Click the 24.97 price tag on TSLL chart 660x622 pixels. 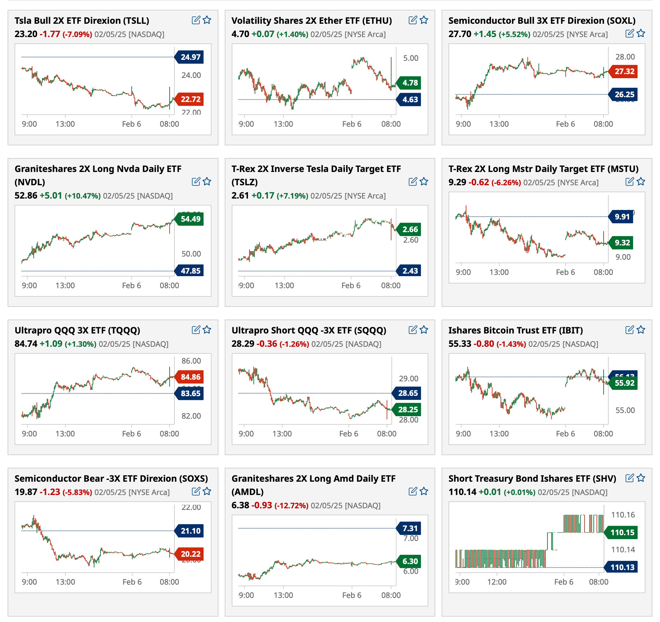pyautogui.click(x=190, y=57)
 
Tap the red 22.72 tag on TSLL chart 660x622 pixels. pyautogui.click(x=190, y=99)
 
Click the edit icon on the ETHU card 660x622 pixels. pyautogui.click(x=413, y=20)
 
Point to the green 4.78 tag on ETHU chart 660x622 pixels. pyautogui.click(x=410, y=83)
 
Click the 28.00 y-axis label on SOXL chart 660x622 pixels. pyautogui.click(x=625, y=57)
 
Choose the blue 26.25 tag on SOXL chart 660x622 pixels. pyautogui.click(x=624, y=95)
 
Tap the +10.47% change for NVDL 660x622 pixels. pyautogui.click(x=83, y=196)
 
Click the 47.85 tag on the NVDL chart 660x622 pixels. pyautogui.click(x=190, y=271)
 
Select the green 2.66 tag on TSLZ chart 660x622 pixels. pyautogui.click(x=410, y=229)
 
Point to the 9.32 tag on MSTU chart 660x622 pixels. pyautogui.click(x=622, y=243)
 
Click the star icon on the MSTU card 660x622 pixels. pyautogui.click(x=641, y=181)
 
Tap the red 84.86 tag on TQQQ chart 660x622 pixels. pyautogui.click(x=190, y=377)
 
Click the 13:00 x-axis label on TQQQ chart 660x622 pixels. pyautogui.click(x=65, y=434)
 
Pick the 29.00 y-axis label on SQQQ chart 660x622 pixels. pyautogui.click(x=408, y=378)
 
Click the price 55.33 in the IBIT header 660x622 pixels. pyautogui.click(x=459, y=344)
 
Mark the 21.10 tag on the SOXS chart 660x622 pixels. pyautogui.click(x=190, y=531)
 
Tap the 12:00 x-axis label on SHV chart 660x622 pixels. pyautogui.click(x=497, y=582)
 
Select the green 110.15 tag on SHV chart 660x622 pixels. pyautogui.click(x=622, y=532)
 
